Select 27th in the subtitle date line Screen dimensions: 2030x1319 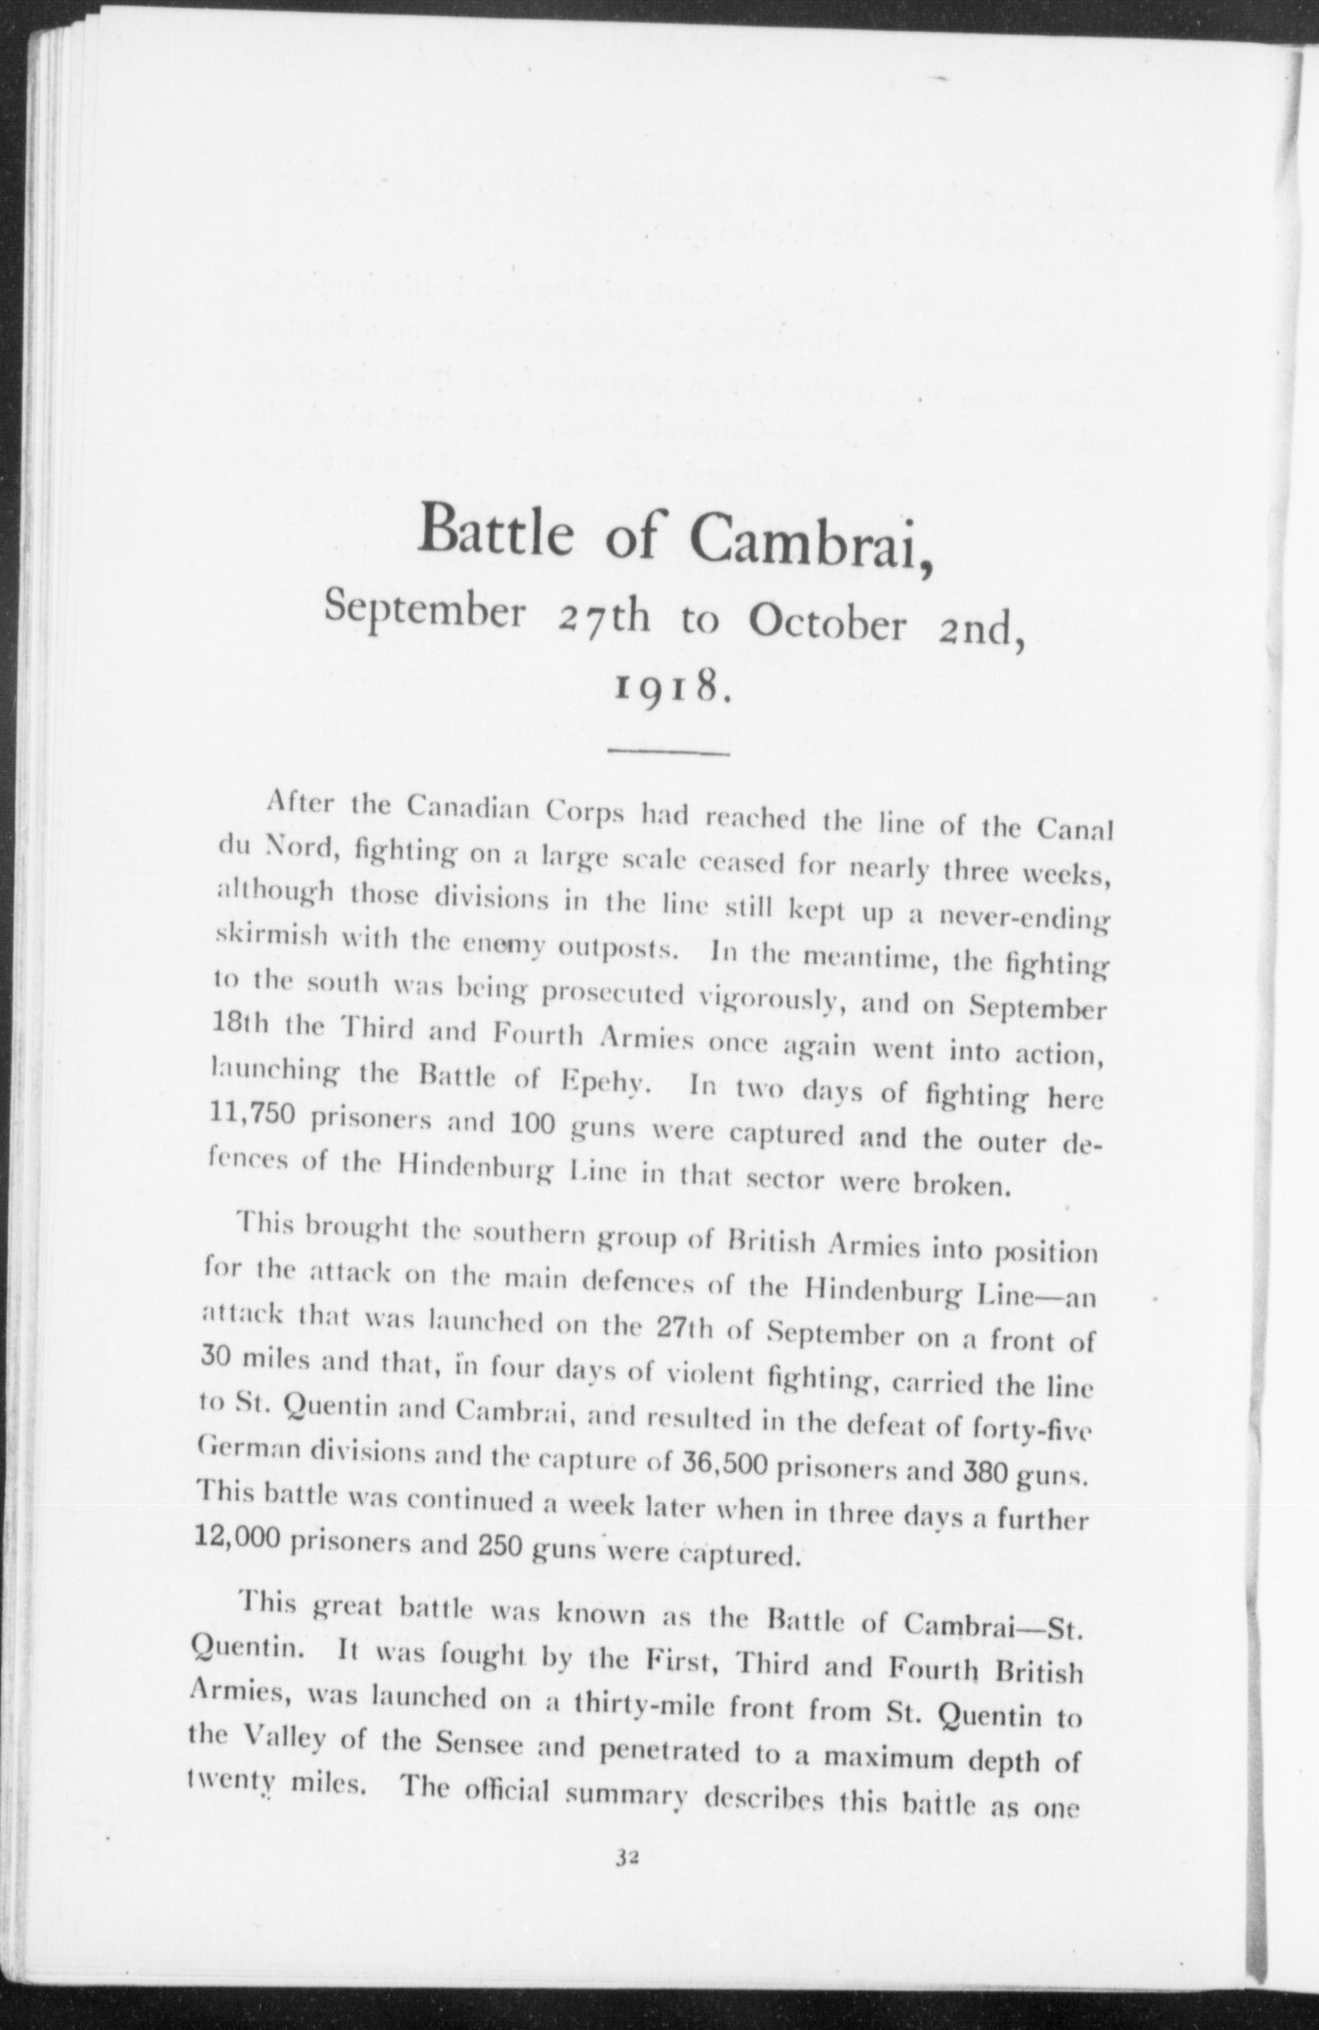point(604,618)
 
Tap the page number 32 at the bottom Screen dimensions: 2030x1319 point(626,1858)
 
